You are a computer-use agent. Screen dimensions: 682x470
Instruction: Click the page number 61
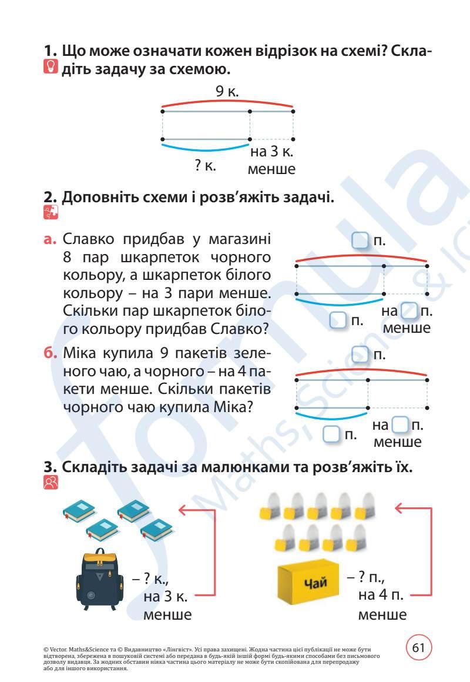[x=418, y=648]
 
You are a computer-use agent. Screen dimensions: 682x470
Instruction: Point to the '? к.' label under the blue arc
[x=206, y=166]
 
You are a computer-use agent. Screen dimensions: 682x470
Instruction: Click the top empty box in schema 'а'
[x=360, y=240]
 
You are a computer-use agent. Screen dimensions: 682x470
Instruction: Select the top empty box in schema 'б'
[x=360, y=355]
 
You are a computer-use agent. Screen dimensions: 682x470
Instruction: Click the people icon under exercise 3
[x=51, y=483]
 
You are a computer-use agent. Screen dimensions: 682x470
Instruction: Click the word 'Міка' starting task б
[x=82, y=355]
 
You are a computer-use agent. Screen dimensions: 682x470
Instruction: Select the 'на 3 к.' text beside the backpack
[x=166, y=596]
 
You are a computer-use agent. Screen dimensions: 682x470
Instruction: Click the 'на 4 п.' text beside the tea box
[x=380, y=594]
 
